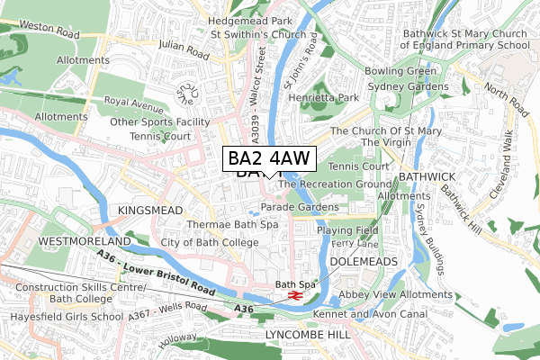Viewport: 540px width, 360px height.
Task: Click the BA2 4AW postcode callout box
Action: click(269, 159)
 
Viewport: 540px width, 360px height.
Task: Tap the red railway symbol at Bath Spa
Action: click(293, 295)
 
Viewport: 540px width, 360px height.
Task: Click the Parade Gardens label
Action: click(300, 207)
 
